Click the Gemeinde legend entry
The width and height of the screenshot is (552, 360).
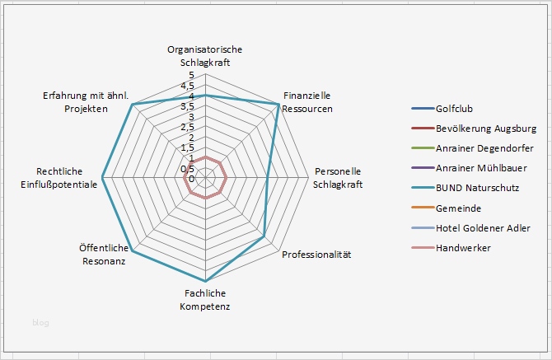459,208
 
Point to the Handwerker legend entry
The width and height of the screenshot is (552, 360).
463,247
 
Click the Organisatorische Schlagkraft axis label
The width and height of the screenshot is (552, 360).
204,56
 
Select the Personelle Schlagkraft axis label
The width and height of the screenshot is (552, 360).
338,178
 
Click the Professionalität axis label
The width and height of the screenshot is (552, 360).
316,255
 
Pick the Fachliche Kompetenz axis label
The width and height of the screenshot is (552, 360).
204,300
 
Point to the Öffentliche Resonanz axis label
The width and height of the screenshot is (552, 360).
103,255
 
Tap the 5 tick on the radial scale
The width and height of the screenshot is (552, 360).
192,75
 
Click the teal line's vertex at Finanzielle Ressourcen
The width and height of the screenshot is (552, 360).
278,105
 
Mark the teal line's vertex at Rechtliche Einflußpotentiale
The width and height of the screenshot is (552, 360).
102,178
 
